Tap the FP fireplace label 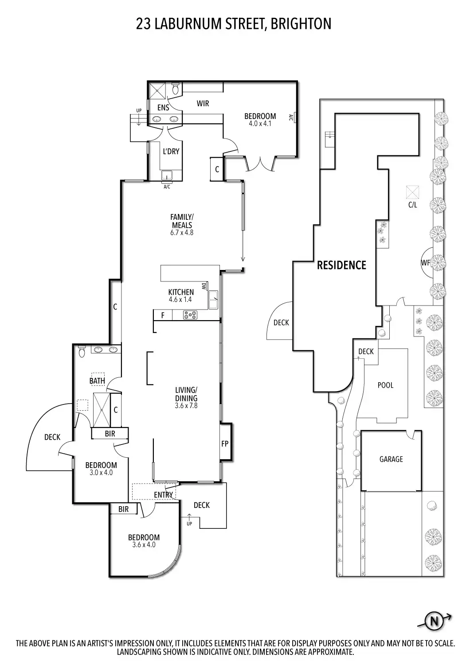coord(225,443)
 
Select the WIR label coord(203,103)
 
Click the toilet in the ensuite coord(175,89)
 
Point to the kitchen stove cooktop coord(191,315)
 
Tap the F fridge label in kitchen coord(163,316)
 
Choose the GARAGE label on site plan coord(391,459)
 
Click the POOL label coord(385,385)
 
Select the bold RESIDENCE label coord(341,265)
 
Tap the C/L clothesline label coord(413,205)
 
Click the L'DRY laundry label coord(171,151)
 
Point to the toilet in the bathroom coord(82,351)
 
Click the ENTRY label coord(164,495)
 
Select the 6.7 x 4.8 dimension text coord(182,232)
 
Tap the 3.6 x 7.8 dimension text coord(186,405)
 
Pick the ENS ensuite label coord(163,107)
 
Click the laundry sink coord(167,174)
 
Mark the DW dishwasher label coord(204,286)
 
